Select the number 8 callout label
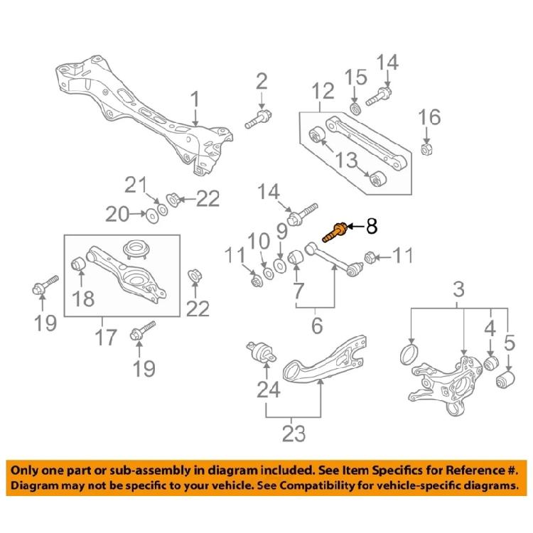coord(372,227)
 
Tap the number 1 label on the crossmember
coord(195,99)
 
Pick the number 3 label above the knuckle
coord(459,290)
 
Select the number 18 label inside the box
coord(84,298)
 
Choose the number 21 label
coord(134,187)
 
